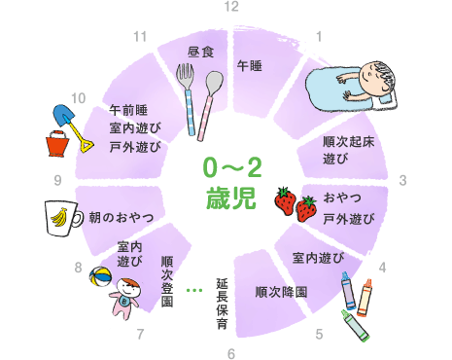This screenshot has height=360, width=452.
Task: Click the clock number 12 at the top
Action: point(230,7)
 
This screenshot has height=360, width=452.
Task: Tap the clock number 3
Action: point(402,181)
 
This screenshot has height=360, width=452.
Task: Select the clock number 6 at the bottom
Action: point(230,352)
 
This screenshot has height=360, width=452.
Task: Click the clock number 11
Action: point(141,36)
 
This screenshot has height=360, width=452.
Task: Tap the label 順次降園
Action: point(281,291)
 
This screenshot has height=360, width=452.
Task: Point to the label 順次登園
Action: point(167,281)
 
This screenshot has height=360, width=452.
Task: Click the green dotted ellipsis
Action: point(193,290)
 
